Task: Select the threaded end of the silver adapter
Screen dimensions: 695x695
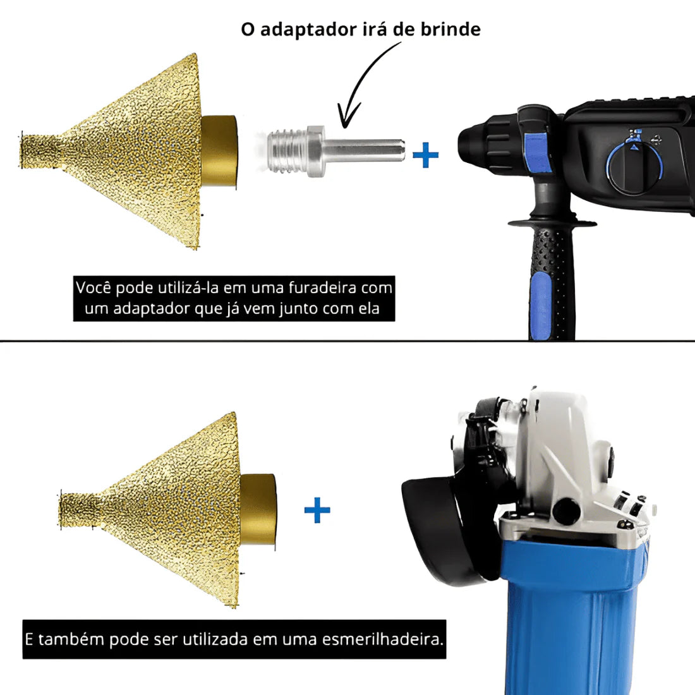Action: coord(288,151)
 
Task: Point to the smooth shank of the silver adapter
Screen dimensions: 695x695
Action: coord(366,150)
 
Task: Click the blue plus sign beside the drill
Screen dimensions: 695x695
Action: coord(425,155)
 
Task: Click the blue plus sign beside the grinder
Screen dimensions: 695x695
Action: coord(317,510)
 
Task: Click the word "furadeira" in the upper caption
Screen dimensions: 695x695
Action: coord(323,287)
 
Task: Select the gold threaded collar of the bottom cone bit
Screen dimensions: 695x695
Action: coord(258,509)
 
